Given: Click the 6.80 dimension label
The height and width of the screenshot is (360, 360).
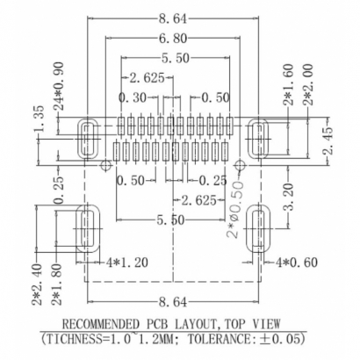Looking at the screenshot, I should pos(179,40).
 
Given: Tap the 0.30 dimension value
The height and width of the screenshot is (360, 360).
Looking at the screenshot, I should pos(133,97).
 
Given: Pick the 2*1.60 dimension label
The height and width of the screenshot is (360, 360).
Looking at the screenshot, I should pos(287,83).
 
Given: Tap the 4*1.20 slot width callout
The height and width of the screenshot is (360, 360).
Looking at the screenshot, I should pos(124,261).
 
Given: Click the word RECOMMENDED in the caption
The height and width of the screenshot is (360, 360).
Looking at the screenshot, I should pos(112,321).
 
